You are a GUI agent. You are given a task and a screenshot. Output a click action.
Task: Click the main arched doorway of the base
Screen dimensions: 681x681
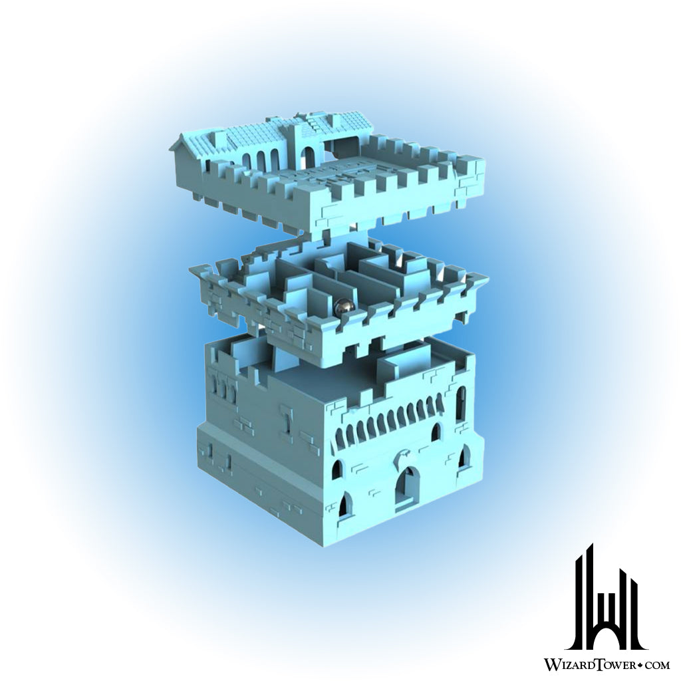[408, 487]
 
